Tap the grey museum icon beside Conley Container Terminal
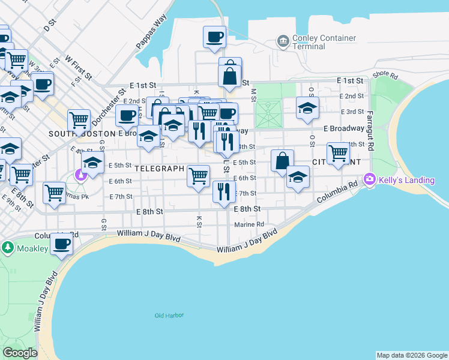tap(282, 41)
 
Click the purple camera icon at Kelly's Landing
tap(369, 179)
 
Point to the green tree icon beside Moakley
tap(7, 247)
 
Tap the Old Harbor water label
tap(169, 316)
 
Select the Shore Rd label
tap(385, 76)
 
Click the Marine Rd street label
tap(249, 225)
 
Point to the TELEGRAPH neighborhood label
tap(159, 169)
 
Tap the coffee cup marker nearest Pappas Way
tap(214, 38)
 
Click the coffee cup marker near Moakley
tap(62, 244)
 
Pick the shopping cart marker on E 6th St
tap(198, 175)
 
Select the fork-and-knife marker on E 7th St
tap(223, 191)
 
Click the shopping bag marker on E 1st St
tap(230, 76)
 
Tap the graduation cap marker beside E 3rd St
tap(307, 109)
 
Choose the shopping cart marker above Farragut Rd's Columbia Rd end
tap(338, 152)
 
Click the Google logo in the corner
tap(20, 353)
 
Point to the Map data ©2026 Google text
tap(412, 355)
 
